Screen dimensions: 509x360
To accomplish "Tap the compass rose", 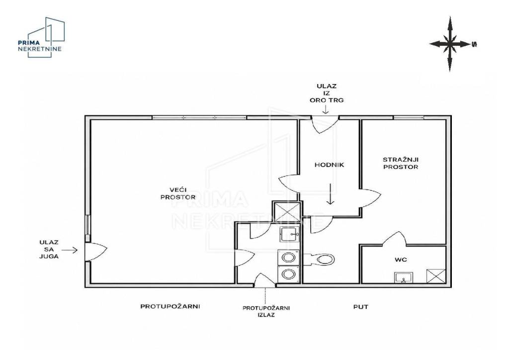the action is click(x=449, y=44).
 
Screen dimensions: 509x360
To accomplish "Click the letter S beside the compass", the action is click(x=474, y=44).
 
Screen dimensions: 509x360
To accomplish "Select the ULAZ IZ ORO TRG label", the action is click(x=327, y=93).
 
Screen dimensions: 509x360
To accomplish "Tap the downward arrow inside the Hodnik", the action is click(x=330, y=194).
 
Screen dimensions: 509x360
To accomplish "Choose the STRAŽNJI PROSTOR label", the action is click(x=401, y=163).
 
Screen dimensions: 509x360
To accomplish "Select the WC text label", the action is click(x=401, y=260).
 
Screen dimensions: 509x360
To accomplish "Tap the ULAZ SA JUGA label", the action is click(x=49, y=249).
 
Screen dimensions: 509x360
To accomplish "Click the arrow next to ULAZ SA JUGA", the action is click(x=70, y=250).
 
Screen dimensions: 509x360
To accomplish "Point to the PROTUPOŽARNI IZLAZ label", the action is click(x=266, y=311).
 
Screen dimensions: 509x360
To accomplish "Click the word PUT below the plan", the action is click(x=361, y=307).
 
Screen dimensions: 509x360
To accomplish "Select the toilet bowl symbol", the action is click(x=320, y=259).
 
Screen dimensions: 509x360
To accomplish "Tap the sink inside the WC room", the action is click(x=404, y=277).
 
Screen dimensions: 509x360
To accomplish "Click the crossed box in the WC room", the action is click(x=436, y=276).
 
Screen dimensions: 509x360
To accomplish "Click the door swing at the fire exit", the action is click(x=264, y=280).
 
